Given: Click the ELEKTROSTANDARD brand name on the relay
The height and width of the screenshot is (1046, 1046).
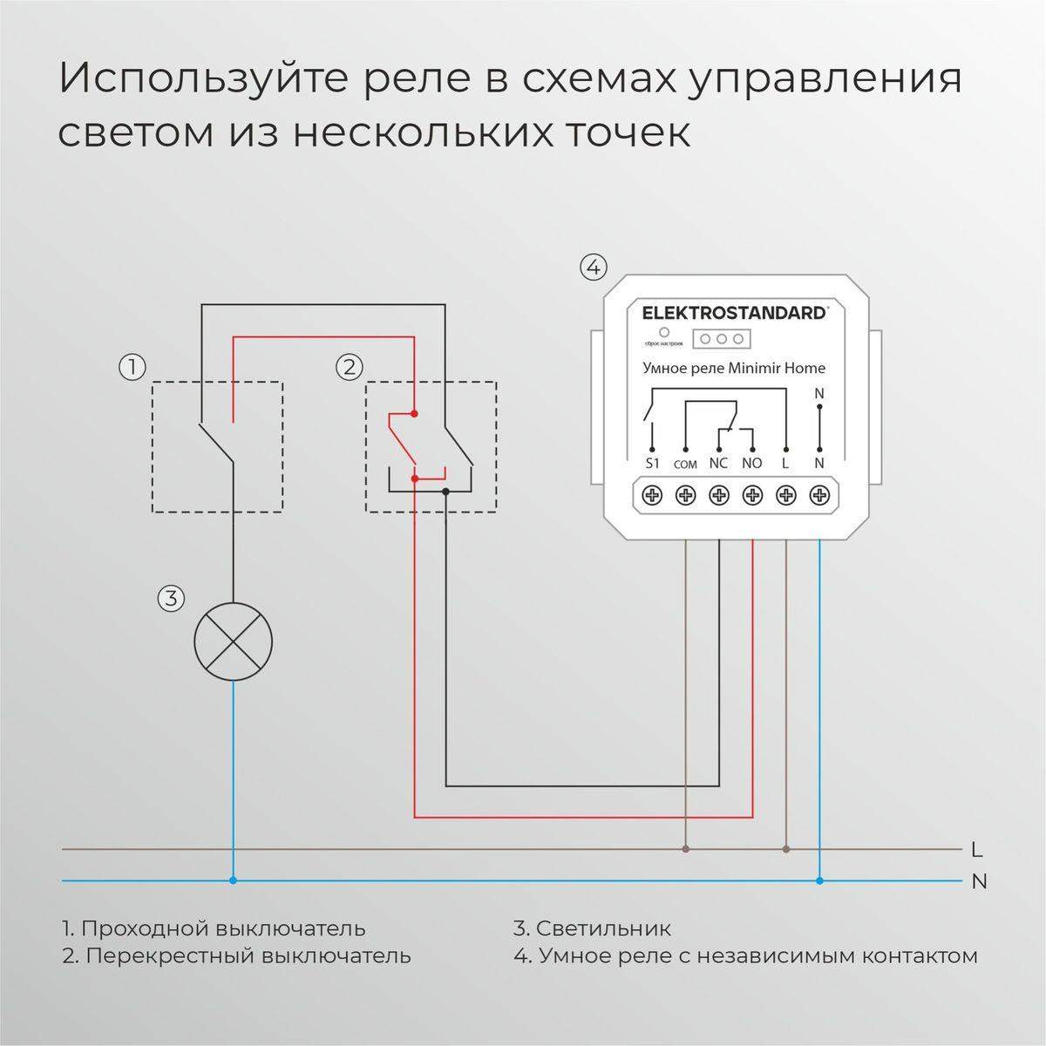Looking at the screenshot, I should [x=733, y=313].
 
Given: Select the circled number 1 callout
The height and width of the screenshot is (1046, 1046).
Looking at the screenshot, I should [x=132, y=367].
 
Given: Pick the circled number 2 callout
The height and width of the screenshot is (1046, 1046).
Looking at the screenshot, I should [x=349, y=367].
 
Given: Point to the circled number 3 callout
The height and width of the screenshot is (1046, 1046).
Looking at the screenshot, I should [x=171, y=599].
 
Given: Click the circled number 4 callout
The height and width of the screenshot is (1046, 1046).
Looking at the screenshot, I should [x=593, y=267].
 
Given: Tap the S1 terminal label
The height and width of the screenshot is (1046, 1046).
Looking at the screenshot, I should [x=653, y=464].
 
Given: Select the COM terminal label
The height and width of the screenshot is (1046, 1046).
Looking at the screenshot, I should [x=685, y=465].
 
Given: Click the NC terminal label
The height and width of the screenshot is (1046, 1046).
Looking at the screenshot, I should [x=718, y=464].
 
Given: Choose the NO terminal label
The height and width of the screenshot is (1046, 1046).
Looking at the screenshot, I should [x=751, y=464].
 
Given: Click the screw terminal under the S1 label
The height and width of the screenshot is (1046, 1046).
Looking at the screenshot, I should [x=653, y=495].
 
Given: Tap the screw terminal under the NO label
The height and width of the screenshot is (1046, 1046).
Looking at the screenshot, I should [x=752, y=495].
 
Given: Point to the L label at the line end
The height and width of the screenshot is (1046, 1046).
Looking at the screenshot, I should [x=977, y=848].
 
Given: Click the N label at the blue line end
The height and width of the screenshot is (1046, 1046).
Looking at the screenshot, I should [x=979, y=881].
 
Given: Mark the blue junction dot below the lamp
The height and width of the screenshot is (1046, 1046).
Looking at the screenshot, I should [x=233, y=880].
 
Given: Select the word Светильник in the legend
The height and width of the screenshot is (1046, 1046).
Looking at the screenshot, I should [x=603, y=927].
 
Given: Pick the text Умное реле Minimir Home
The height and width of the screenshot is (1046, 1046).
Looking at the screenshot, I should [x=733, y=368].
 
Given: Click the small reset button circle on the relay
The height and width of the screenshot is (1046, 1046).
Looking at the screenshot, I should [x=664, y=332].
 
